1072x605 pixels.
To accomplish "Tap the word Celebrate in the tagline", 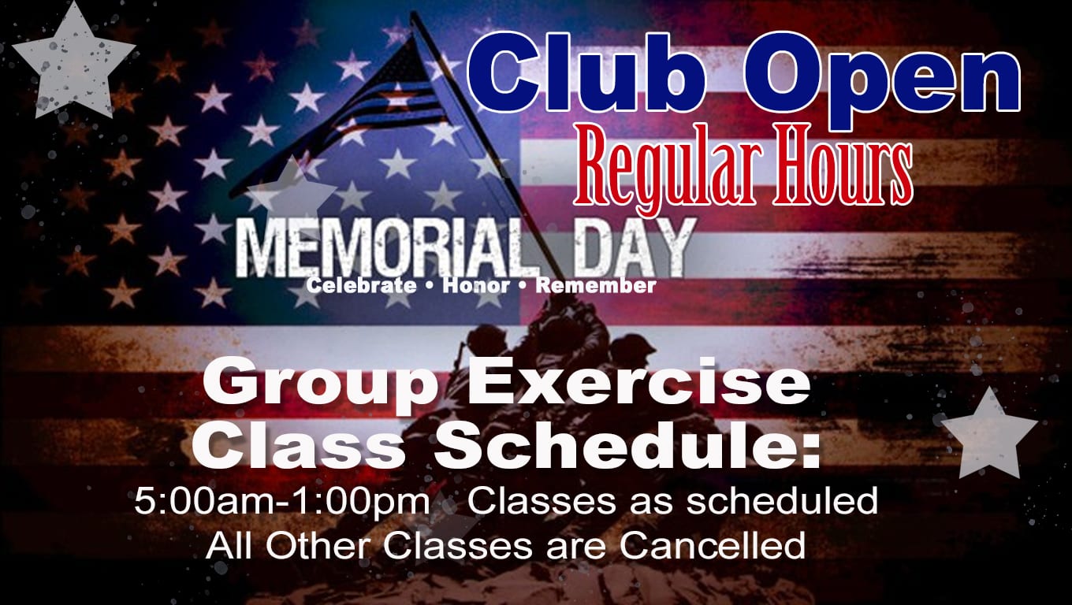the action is pyautogui.click(x=361, y=286).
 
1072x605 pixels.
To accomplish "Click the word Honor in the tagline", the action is pyautogui.click(x=476, y=286).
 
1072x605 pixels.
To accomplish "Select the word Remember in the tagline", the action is pyautogui.click(x=596, y=286).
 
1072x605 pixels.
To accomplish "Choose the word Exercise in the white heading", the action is pyautogui.click(x=638, y=381).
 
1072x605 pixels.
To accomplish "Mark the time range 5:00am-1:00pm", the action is pyautogui.click(x=282, y=501).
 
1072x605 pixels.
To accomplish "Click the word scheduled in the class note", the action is pyautogui.click(x=783, y=500).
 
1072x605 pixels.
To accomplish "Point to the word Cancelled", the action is pyautogui.click(x=713, y=545).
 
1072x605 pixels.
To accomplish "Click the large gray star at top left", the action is pyautogui.click(x=74, y=62).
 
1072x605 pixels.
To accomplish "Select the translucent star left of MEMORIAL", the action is pyautogui.click(x=292, y=191).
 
